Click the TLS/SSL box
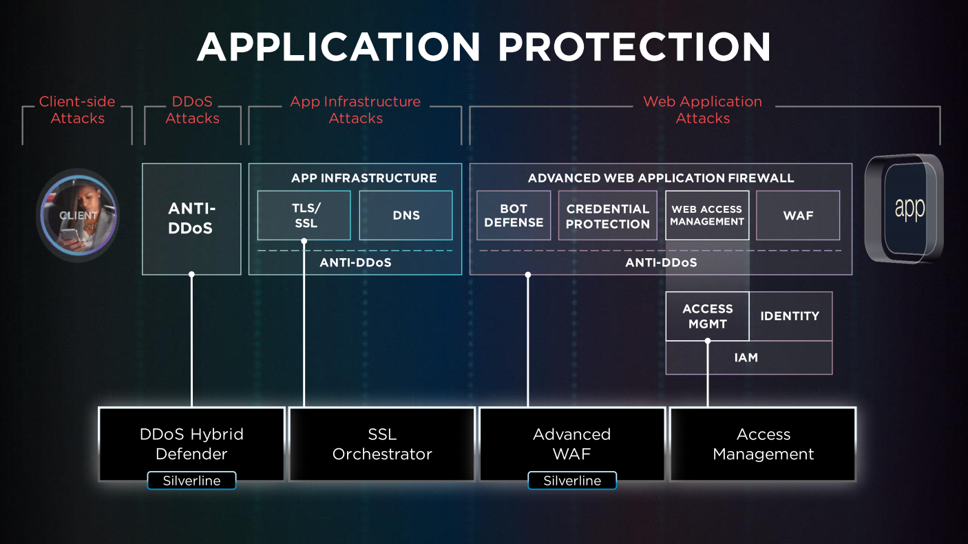tap(304, 215)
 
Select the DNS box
tap(406, 216)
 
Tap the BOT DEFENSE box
tap(514, 216)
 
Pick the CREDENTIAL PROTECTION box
tap(607, 216)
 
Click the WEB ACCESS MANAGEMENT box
tap(707, 216)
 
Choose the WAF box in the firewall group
tap(798, 216)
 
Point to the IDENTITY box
tap(790, 316)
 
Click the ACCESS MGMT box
tap(707, 316)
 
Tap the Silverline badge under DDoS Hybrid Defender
tap(191, 481)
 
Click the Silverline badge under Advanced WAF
tap(572, 481)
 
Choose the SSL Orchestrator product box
tap(382, 444)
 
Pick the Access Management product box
tap(763, 444)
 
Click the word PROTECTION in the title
tap(633, 48)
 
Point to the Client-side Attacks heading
tap(77, 110)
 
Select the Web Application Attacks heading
tap(702, 110)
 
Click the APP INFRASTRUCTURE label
tap(364, 178)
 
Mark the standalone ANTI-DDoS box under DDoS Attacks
tap(191, 218)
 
